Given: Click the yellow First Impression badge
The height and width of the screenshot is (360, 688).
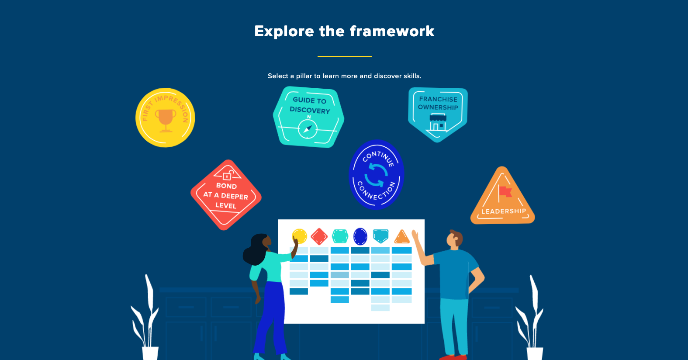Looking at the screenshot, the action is pos(165,118).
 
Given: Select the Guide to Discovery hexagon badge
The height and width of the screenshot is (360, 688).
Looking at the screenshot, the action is pos(309,117).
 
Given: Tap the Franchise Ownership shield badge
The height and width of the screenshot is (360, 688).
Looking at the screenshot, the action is pos(438,114).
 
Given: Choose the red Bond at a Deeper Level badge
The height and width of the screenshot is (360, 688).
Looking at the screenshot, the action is pos(226,195).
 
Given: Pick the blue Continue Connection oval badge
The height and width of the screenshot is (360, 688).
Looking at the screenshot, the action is pos(376,175).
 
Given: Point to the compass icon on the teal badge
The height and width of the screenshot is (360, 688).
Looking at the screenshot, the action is pos(308,129).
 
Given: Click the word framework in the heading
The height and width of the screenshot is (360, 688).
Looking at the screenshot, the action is pos(392,31).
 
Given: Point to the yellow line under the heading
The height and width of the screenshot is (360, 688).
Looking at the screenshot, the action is pos(345,56).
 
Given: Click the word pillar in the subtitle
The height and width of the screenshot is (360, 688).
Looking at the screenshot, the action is pos(304,76).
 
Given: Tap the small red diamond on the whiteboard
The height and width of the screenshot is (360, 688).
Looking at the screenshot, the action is pos(319,236).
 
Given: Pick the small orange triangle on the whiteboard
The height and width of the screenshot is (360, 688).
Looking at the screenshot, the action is pos(402,237).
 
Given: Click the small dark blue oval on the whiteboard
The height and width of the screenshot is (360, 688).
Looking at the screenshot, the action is pos(360,236).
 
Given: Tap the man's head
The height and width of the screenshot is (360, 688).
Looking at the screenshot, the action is pos(455,239).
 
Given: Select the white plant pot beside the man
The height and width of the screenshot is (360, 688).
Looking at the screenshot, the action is pos(535,353).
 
